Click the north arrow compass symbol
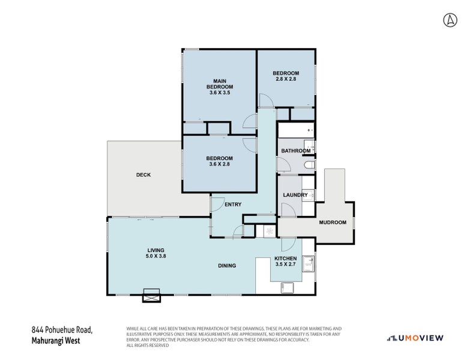click(x=450, y=20)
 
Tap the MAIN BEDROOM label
click(x=220, y=84)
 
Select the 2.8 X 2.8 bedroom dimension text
click(x=286, y=79)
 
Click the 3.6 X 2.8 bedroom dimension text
click(x=219, y=164)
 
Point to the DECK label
click(x=144, y=175)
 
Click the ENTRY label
click(x=233, y=205)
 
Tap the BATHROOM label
click(x=295, y=151)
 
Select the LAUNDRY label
click(x=295, y=195)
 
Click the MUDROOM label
click(x=333, y=222)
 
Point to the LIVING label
click(x=156, y=250)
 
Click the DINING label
click(x=227, y=266)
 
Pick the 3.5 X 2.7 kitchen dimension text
click(x=285, y=264)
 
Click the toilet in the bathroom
click(x=309, y=165)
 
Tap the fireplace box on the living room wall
click(x=151, y=296)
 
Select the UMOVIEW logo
click(x=415, y=338)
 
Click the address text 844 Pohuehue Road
click(x=62, y=330)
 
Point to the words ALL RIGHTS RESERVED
click(x=148, y=345)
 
